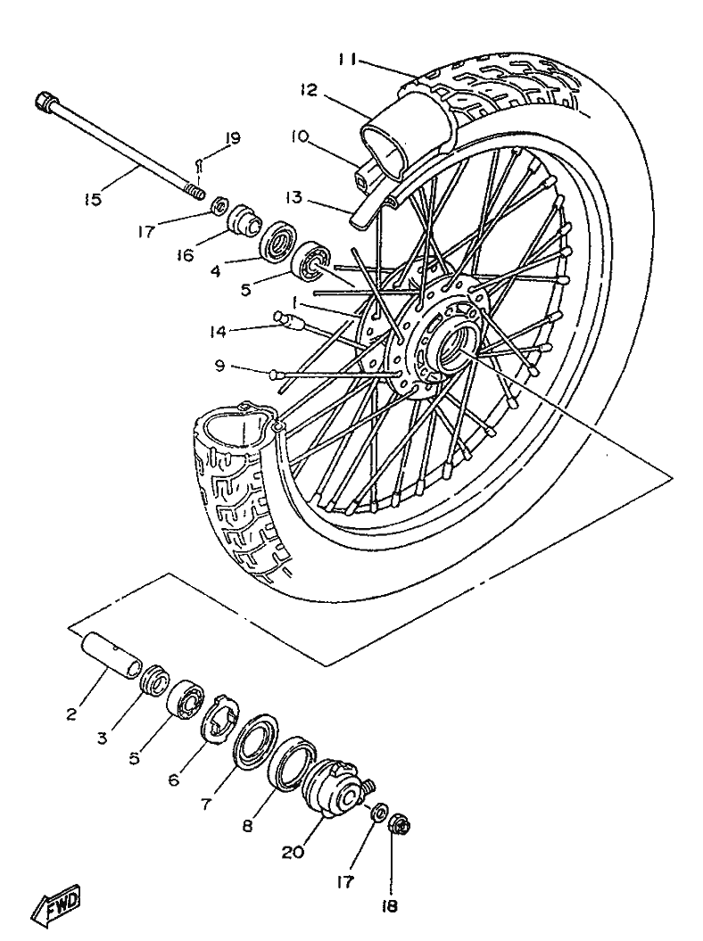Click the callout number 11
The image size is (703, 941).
click(x=348, y=60)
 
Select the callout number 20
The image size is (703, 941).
click(x=293, y=852)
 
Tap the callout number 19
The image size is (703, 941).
click(x=232, y=138)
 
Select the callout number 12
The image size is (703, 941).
click(x=309, y=90)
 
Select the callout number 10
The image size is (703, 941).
click(x=299, y=136)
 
